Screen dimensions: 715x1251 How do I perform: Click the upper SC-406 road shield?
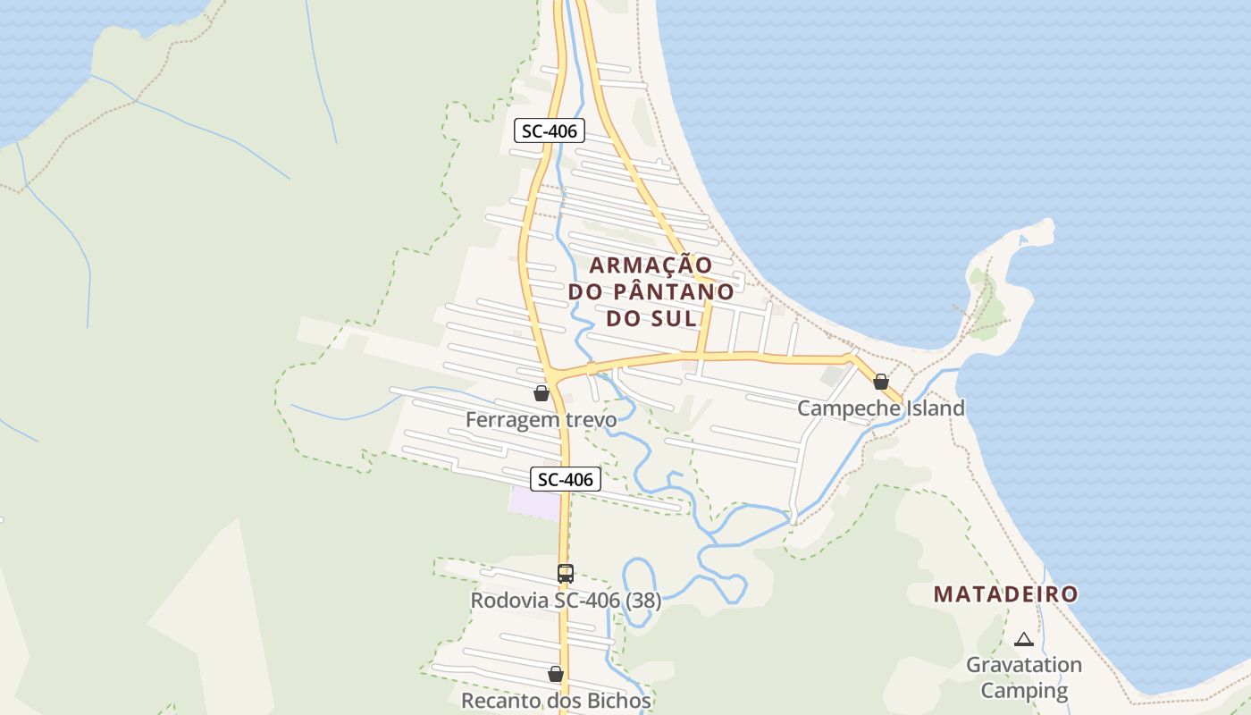550,130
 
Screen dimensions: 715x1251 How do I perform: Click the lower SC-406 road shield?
566,479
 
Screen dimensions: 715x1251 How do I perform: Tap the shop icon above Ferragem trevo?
541,392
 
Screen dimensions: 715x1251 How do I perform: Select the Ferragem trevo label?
541,419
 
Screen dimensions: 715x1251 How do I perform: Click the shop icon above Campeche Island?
881,382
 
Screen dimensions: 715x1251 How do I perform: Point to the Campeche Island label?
880,408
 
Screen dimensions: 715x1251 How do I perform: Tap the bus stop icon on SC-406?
565,574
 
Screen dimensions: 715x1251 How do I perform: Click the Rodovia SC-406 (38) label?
566,601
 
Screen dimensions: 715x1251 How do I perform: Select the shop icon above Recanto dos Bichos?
556,674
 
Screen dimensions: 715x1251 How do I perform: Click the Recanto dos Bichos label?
556,700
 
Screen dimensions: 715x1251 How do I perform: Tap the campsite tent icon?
1024,639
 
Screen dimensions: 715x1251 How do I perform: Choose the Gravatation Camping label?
1024,677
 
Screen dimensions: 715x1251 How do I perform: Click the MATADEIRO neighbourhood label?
1005,594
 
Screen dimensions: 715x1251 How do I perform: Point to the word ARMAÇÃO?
651,265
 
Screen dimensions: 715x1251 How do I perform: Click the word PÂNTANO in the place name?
675,292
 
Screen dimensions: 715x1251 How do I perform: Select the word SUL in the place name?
677,318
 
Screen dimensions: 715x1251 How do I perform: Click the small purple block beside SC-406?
534,501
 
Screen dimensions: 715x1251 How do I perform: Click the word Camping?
1024,690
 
